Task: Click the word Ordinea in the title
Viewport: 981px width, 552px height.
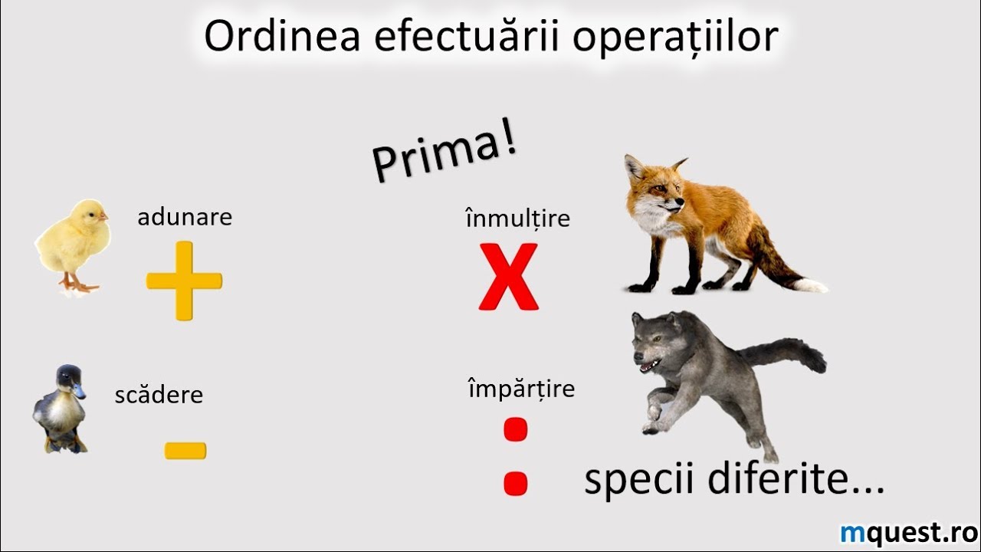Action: [282, 36]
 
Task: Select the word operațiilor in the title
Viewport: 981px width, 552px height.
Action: [675, 38]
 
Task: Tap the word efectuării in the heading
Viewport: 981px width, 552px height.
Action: [467, 35]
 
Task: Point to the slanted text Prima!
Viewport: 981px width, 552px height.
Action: [444, 149]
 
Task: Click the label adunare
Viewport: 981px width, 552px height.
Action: [185, 217]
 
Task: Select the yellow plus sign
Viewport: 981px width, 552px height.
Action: [185, 281]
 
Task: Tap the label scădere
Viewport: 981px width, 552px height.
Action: [159, 395]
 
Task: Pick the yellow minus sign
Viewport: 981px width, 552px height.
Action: [185, 451]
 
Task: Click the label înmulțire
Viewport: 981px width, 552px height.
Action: [517, 218]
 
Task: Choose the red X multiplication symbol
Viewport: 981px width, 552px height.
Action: [508, 277]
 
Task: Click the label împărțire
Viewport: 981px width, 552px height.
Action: [522, 388]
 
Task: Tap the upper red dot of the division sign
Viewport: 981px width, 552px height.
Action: [516, 429]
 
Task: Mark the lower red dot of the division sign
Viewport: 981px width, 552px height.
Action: [516, 483]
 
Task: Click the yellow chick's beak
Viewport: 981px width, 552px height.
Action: [103, 217]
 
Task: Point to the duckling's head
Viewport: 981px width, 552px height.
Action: [69, 380]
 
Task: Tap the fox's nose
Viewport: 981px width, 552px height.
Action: [680, 201]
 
